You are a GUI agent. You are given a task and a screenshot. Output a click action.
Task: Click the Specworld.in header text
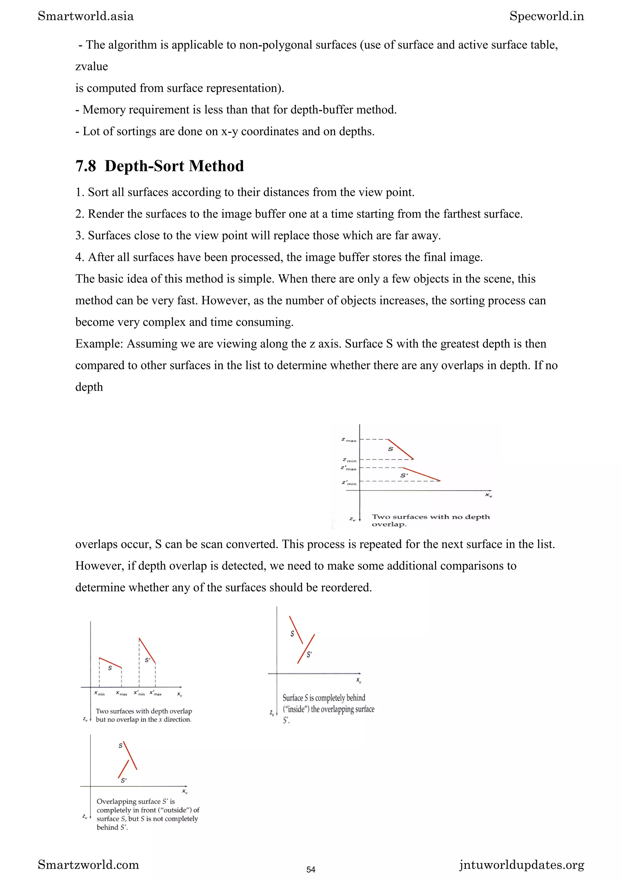(546, 16)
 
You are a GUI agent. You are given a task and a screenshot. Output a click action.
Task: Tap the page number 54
(311, 869)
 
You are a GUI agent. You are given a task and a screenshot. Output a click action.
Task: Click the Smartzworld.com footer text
(88, 865)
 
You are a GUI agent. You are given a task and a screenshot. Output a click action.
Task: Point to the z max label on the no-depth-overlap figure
(349, 440)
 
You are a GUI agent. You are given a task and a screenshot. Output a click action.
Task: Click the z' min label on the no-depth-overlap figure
(349, 483)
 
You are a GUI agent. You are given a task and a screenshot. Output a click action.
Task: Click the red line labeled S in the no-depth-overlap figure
(401, 449)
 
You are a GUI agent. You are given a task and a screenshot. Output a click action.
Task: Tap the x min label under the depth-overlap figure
(99, 693)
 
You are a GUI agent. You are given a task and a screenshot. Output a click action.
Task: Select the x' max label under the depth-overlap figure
(155, 693)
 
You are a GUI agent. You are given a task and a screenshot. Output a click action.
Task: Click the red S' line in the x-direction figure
(147, 650)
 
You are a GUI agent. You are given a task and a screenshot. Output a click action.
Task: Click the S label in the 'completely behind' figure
(292, 633)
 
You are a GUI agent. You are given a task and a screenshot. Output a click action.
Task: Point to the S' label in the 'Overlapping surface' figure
(123, 780)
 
